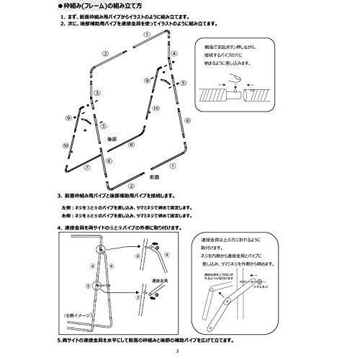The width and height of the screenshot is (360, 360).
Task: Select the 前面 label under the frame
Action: (153, 175)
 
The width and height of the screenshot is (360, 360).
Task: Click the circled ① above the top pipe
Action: (147, 33)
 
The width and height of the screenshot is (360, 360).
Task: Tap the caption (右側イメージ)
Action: (76, 315)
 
